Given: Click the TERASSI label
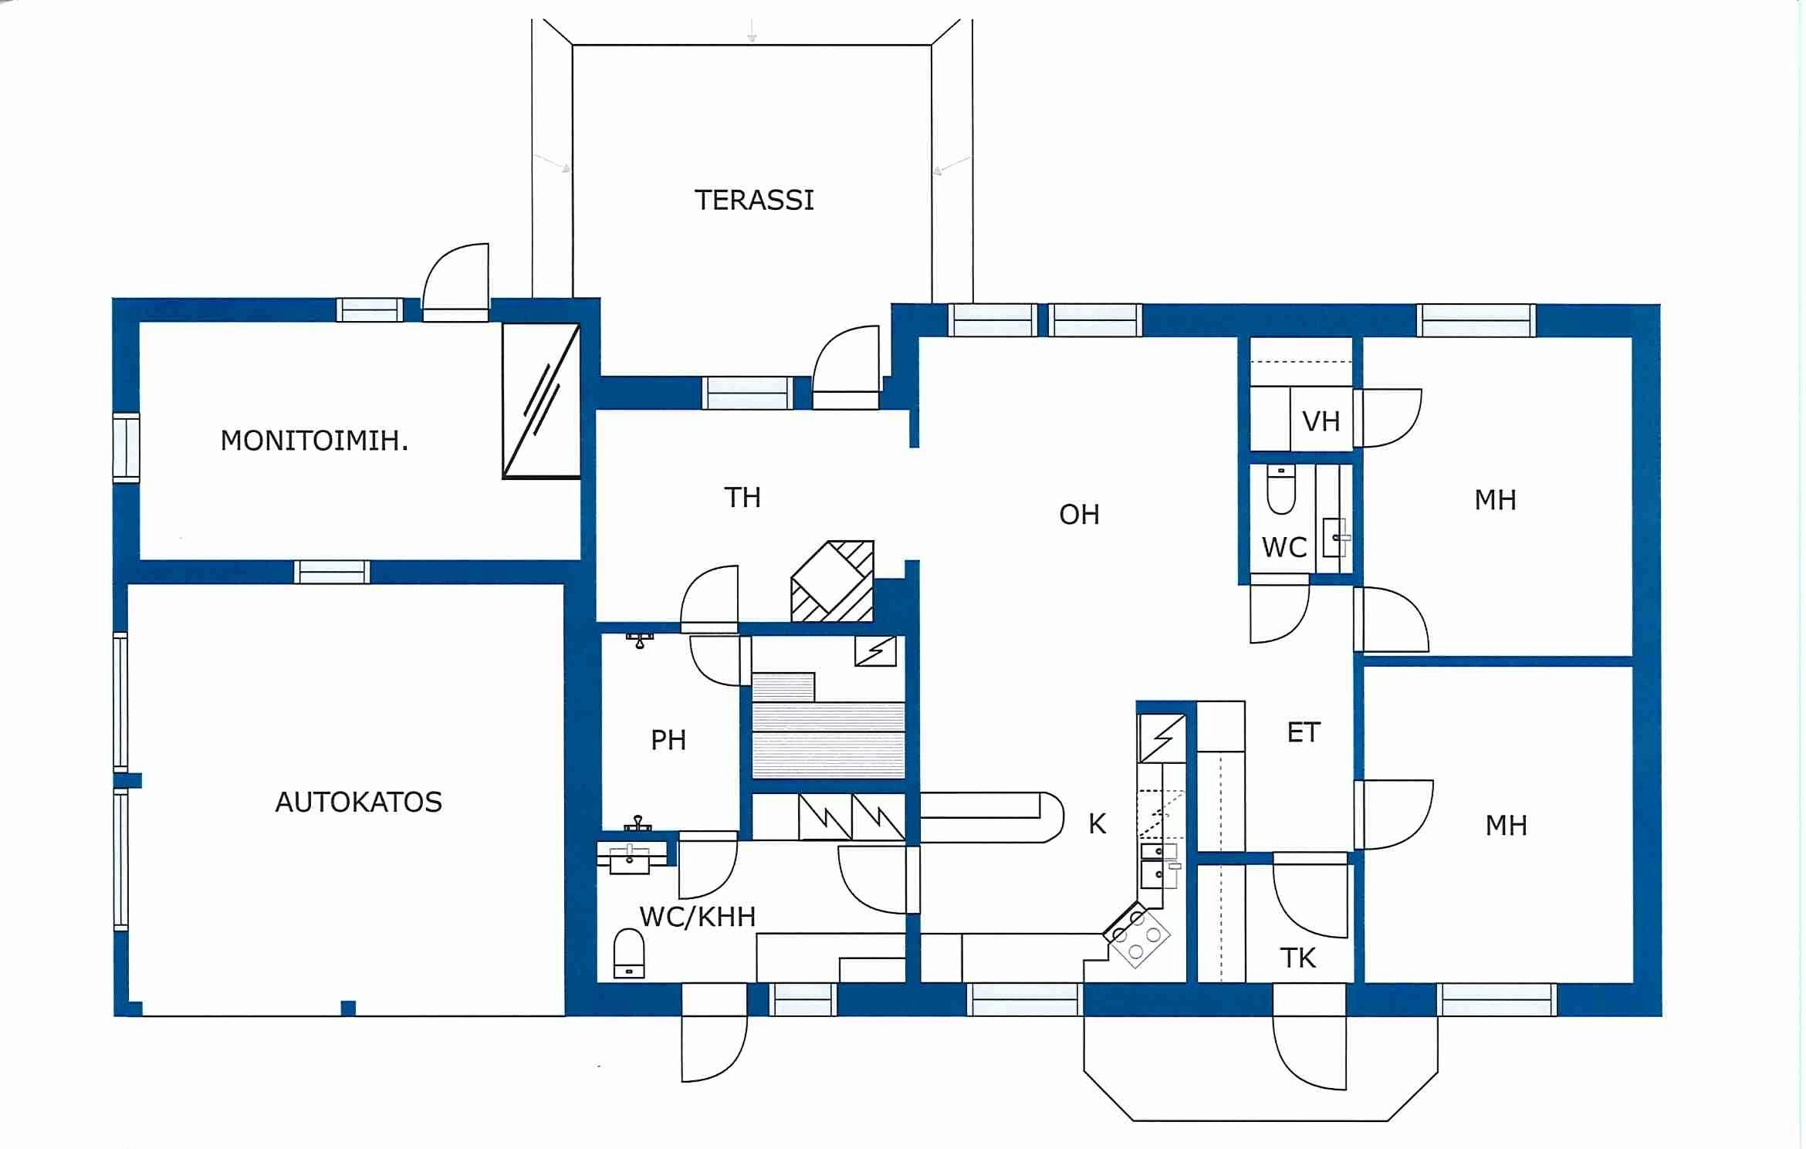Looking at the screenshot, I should (754, 200).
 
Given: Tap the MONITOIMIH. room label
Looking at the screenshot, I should (314, 441).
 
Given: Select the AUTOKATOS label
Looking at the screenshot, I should (358, 802).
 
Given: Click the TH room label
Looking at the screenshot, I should (742, 497).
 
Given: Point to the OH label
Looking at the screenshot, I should (1078, 514).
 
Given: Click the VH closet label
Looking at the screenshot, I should (1321, 421).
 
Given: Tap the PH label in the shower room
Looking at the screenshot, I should (668, 740).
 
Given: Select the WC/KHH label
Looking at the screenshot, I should (697, 916).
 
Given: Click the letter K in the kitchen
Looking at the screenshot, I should (1097, 824).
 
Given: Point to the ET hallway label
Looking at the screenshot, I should (1304, 732).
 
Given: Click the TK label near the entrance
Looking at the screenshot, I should (1297, 958).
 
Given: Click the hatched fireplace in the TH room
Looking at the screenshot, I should (832, 583).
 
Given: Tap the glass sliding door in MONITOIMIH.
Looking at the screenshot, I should (541, 400).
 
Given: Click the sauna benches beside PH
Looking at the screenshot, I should (827, 738).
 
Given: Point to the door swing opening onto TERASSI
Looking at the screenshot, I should (847, 363).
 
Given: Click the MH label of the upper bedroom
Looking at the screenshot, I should (1495, 500).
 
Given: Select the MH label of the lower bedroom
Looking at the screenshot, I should (1506, 826).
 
